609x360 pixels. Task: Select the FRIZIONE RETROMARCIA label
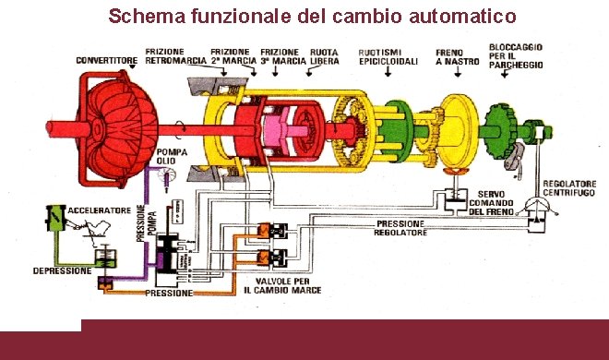click(173, 56)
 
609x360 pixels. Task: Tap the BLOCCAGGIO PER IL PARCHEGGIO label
click(517, 55)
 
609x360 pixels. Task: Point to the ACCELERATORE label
click(101, 211)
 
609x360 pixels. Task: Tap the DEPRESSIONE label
click(62, 271)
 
